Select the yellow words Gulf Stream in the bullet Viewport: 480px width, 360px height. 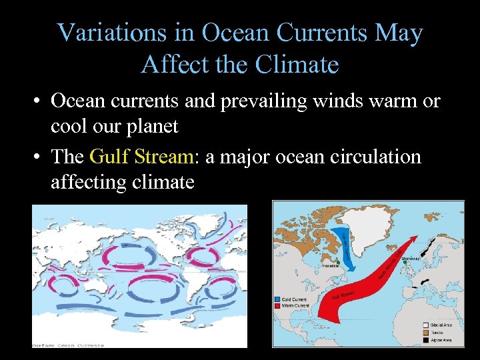click(141, 157)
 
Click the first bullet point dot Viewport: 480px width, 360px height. click(39, 102)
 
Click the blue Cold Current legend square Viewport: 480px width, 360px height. click(277, 299)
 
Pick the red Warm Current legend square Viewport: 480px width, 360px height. click(277, 305)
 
